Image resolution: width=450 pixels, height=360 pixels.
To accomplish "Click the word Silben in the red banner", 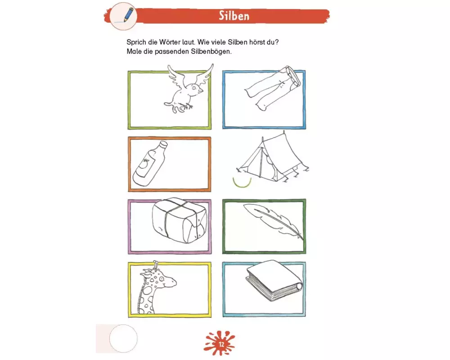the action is tap(234, 16).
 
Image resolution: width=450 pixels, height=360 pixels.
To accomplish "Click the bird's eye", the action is tap(194, 88).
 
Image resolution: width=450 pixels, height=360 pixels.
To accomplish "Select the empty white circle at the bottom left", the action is tap(123, 338).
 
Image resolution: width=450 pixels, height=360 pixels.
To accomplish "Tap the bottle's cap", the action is tap(163, 144).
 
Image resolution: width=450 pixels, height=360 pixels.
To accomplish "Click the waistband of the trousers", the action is tap(293, 76).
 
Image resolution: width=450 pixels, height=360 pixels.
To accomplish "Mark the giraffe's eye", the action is tap(161, 279).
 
